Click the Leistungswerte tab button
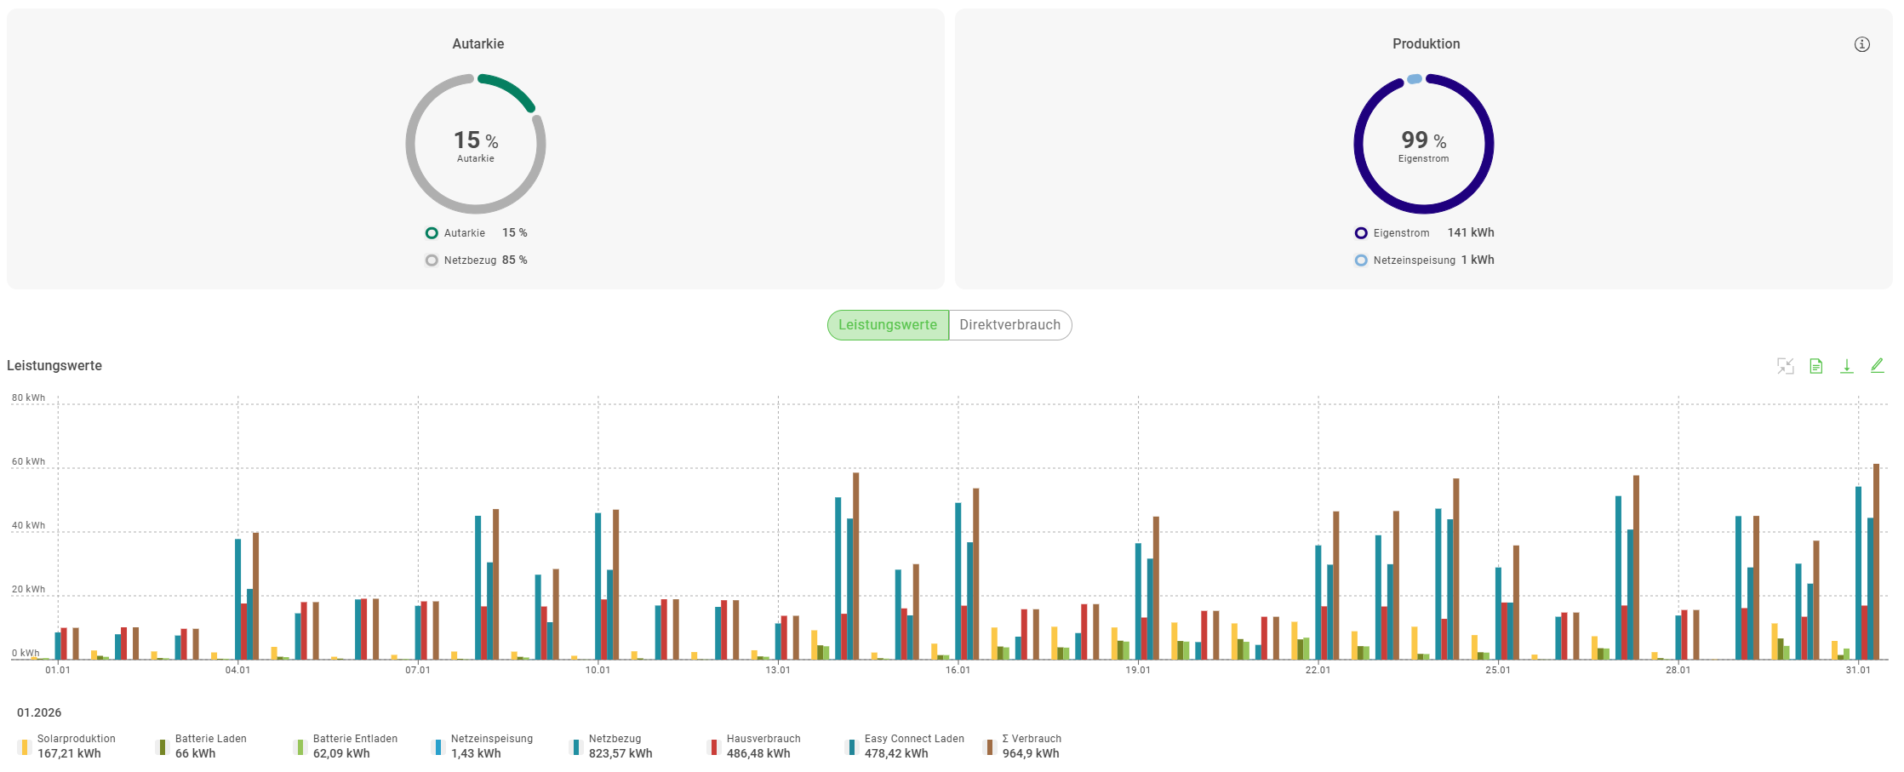pyautogui.click(x=888, y=325)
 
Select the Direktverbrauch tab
pyautogui.click(x=1009, y=325)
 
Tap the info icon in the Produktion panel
pyautogui.click(x=1862, y=44)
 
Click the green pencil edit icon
pyautogui.click(x=1877, y=366)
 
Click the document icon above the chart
pyautogui.click(x=1815, y=366)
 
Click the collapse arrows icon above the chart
pyautogui.click(x=1785, y=366)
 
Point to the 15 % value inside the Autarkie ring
pyautogui.click(x=476, y=140)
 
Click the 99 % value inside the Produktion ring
pyautogui.click(x=1423, y=140)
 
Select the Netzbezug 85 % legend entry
pyautogui.click(x=477, y=260)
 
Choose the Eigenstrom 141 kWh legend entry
pyautogui.click(x=1424, y=233)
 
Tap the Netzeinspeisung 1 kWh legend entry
pyautogui.click(x=1424, y=260)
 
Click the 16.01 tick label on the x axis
pyautogui.click(x=958, y=671)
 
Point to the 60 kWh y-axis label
pyautogui.click(x=28, y=462)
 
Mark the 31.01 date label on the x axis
pyautogui.click(x=1858, y=671)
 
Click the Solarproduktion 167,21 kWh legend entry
pyautogui.click(x=68, y=746)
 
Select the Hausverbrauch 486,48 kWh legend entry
pyautogui.click(x=758, y=746)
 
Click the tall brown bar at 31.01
pyautogui.click(x=1876, y=562)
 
